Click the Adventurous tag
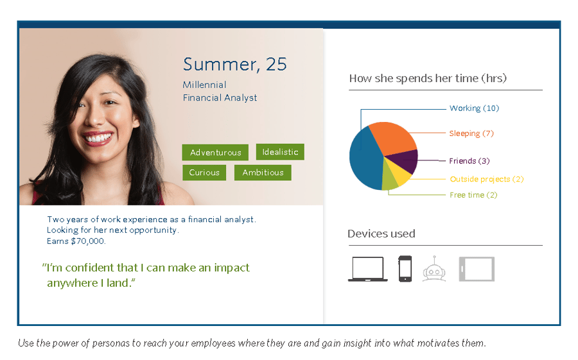click(x=215, y=152)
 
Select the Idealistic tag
click(x=280, y=152)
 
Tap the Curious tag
click(x=204, y=173)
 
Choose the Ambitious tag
click(x=263, y=173)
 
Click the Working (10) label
click(x=474, y=108)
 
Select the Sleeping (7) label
click(x=471, y=133)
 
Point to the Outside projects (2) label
click(x=487, y=179)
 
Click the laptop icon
click(x=368, y=269)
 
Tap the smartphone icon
click(x=405, y=269)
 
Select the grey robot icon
click(x=434, y=269)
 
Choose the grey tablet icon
click(x=477, y=269)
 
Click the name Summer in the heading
click(x=222, y=64)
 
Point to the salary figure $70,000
click(x=88, y=241)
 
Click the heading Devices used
click(x=381, y=234)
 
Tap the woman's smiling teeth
click(x=98, y=138)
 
